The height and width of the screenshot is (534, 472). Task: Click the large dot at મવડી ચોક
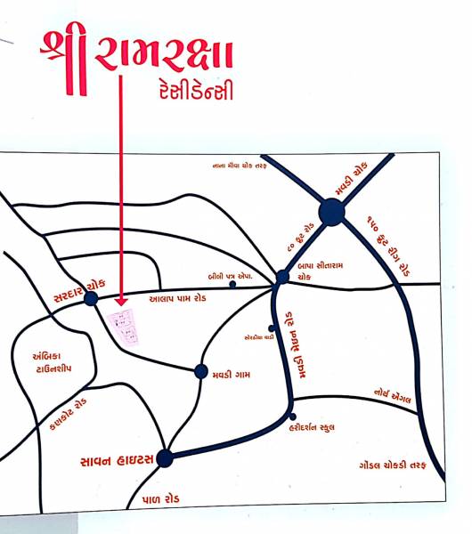click(x=331, y=212)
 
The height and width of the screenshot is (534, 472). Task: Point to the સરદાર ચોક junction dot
click(x=91, y=299)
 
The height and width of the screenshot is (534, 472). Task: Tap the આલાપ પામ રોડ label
click(x=177, y=300)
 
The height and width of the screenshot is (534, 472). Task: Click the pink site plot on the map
click(x=124, y=328)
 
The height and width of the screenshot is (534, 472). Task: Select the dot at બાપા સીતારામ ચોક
click(x=282, y=277)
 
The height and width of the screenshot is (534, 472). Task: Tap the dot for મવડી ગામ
click(x=200, y=372)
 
